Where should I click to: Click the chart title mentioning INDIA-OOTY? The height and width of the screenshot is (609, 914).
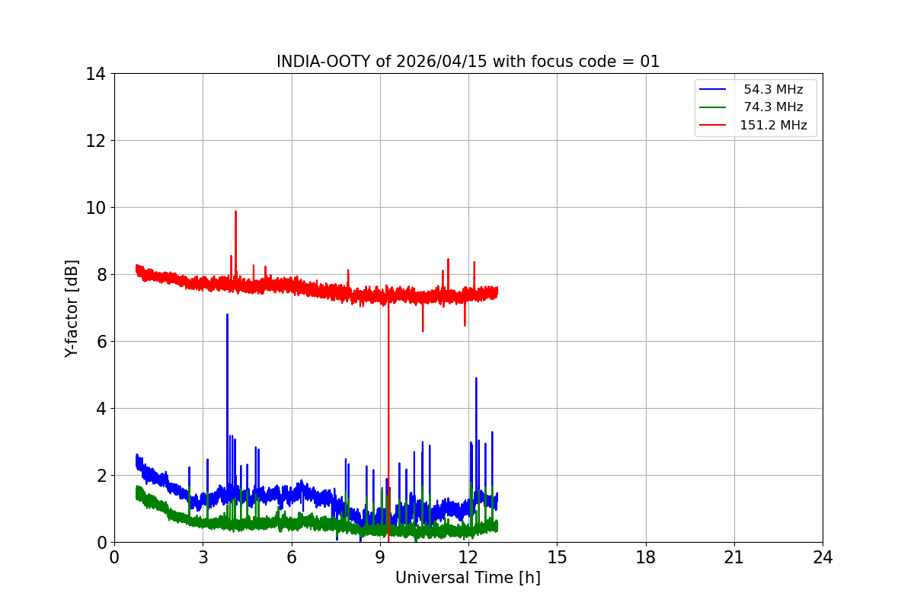point(468,62)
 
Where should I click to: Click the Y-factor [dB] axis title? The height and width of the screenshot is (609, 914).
point(72,308)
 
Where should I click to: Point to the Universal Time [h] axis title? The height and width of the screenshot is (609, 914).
point(468,578)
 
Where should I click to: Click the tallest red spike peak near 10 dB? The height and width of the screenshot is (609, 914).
point(235,212)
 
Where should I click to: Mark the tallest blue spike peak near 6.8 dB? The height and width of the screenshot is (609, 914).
point(227,314)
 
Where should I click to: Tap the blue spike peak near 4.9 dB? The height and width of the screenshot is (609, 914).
point(476,378)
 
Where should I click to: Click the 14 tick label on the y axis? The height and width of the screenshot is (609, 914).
point(96,74)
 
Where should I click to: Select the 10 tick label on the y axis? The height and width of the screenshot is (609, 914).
point(96,208)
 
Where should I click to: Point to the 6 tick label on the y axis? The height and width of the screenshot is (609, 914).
point(101,342)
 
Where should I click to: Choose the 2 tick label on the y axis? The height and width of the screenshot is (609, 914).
point(101,476)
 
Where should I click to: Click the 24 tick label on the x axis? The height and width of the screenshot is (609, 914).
point(823,558)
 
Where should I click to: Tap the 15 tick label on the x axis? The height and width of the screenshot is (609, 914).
point(557,558)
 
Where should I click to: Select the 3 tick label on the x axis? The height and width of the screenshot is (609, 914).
point(203,558)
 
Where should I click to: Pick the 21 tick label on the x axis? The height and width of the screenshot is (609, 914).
point(734,558)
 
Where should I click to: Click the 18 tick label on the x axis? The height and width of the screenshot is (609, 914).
point(646,558)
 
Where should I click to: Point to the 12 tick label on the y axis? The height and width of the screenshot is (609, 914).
point(96,141)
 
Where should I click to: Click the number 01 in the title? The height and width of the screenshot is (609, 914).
point(650,62)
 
